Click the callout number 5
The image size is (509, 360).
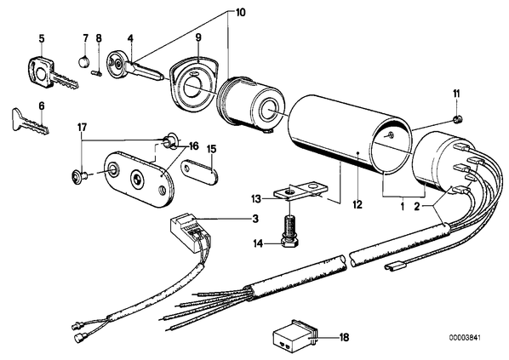click(x=42, y=38)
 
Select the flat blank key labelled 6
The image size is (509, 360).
click(x=30, y=120)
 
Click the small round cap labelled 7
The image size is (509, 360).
click(x=84, y=61)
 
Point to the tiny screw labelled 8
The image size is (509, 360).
click(x=96, y=72)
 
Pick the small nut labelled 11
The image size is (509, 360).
click(x=458, y=119)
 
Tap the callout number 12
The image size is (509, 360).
click(x=357, y=204)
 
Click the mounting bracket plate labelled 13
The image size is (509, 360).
click(x=301, y=191)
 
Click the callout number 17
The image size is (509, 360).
click(x=82, y=127)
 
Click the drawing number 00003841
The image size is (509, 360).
click(x=465, y=338)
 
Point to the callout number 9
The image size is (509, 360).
click(x=198, y=37)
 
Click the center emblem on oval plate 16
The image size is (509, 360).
click(x=137, y=180)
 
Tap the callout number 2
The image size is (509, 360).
click(x=417, y=206)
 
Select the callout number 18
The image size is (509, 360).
click(x=344, y=338)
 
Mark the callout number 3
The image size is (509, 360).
click(x=256, y=219)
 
